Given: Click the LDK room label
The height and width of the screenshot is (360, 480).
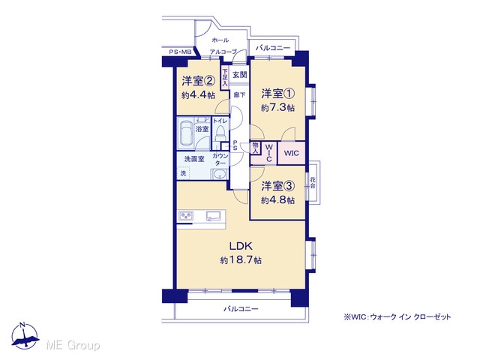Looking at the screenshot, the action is (241, 246).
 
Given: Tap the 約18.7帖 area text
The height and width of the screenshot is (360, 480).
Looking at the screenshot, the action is (241, 260).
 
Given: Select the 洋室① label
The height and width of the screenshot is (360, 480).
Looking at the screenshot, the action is (278, 93).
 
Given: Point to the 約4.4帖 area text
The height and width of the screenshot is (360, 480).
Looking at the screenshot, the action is (198, 95).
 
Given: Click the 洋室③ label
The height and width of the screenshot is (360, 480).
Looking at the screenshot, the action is (278, 186).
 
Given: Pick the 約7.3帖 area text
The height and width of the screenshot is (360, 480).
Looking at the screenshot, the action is (278, 108).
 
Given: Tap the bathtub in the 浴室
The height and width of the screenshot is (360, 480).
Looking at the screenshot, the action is (186, 133).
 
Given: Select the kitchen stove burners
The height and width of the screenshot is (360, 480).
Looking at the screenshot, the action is (186, 216).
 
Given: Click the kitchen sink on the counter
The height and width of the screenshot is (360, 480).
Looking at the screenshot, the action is (214, 216).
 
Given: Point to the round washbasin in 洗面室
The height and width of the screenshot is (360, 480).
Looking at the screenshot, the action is (220, 175).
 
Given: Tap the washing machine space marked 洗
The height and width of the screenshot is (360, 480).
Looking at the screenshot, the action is (183, 173).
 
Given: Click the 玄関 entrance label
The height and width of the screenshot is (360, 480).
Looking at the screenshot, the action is (239, 75).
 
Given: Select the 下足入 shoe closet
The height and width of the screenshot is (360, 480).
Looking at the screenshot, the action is (225, 77).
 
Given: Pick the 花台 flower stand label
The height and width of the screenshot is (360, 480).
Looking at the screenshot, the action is (313, 183).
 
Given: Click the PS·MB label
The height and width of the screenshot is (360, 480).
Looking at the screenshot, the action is (180, 52).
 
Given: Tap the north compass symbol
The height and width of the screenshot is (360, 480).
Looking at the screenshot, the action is (25, 336).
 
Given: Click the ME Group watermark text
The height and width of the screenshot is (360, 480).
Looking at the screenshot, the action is (73, 345).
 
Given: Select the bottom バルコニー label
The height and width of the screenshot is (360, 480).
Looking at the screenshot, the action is (241, 309).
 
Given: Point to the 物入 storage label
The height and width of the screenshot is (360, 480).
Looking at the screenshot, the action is (255, 148).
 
